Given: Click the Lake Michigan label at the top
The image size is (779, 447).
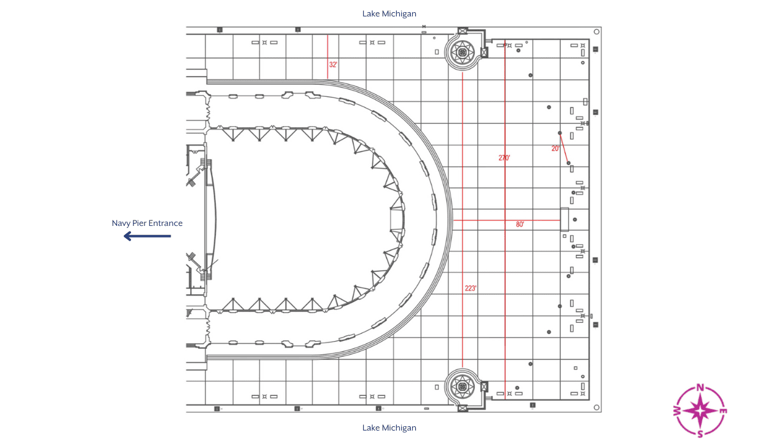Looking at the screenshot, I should (x=389, y=13).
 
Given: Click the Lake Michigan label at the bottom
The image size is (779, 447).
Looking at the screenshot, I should (x=389, y=428).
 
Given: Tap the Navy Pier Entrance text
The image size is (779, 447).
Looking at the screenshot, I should (x=147, y=223).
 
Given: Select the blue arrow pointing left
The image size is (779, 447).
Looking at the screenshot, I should (x=147, y=236).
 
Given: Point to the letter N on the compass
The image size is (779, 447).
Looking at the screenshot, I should (x=700, y=387).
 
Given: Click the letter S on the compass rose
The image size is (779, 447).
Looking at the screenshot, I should (x=700, y=434).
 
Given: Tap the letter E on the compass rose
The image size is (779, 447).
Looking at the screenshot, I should (x=724, y=411).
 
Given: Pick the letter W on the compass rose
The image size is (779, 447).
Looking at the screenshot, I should (x=677, y=411).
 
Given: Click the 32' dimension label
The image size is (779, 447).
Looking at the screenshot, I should (x=333, y=65).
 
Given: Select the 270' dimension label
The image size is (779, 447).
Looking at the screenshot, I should (x=504, y=158).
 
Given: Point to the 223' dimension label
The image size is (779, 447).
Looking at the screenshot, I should (x=470, y=289).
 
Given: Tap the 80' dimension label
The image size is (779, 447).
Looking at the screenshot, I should (x=520, y=224).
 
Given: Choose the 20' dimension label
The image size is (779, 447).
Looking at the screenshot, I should (x=555, y=148).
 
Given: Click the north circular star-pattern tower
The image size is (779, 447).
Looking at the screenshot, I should (x=463, y=53).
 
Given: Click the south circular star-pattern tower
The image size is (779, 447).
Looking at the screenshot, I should (x=463, y=386).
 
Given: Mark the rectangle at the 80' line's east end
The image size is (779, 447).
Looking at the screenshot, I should (x=564, y=219).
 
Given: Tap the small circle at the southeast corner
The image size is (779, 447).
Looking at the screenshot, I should (x=596, y=408).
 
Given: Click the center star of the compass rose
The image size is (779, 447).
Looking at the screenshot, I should (x=700, y=411).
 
